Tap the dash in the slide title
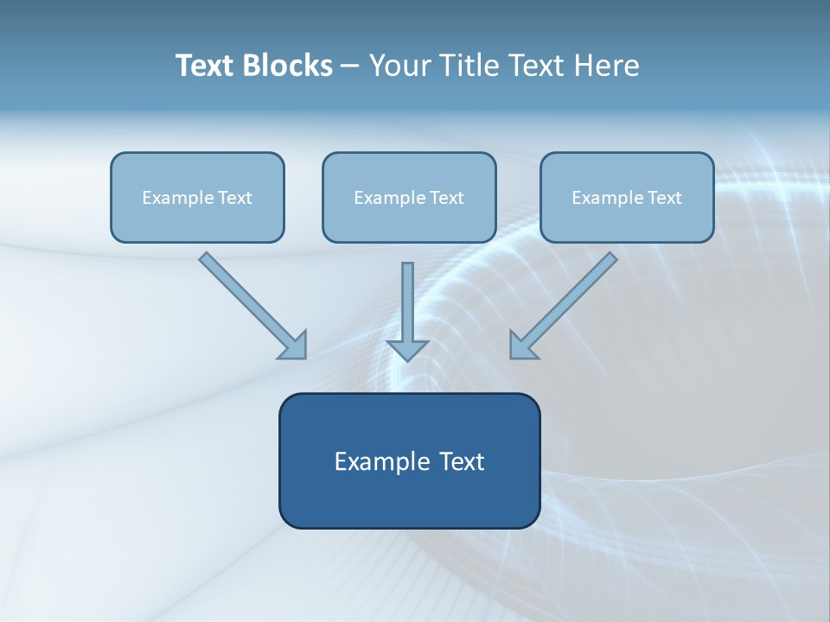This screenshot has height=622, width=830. (x=350, y=67)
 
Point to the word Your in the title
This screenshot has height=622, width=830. (x=401, y=66)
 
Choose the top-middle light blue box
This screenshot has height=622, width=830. (x=409, y=221)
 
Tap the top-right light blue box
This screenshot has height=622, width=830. (x=627, y=221)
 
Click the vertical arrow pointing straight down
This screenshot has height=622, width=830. (x=407, y=307)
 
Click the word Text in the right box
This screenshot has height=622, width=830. (x=664, y=198)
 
